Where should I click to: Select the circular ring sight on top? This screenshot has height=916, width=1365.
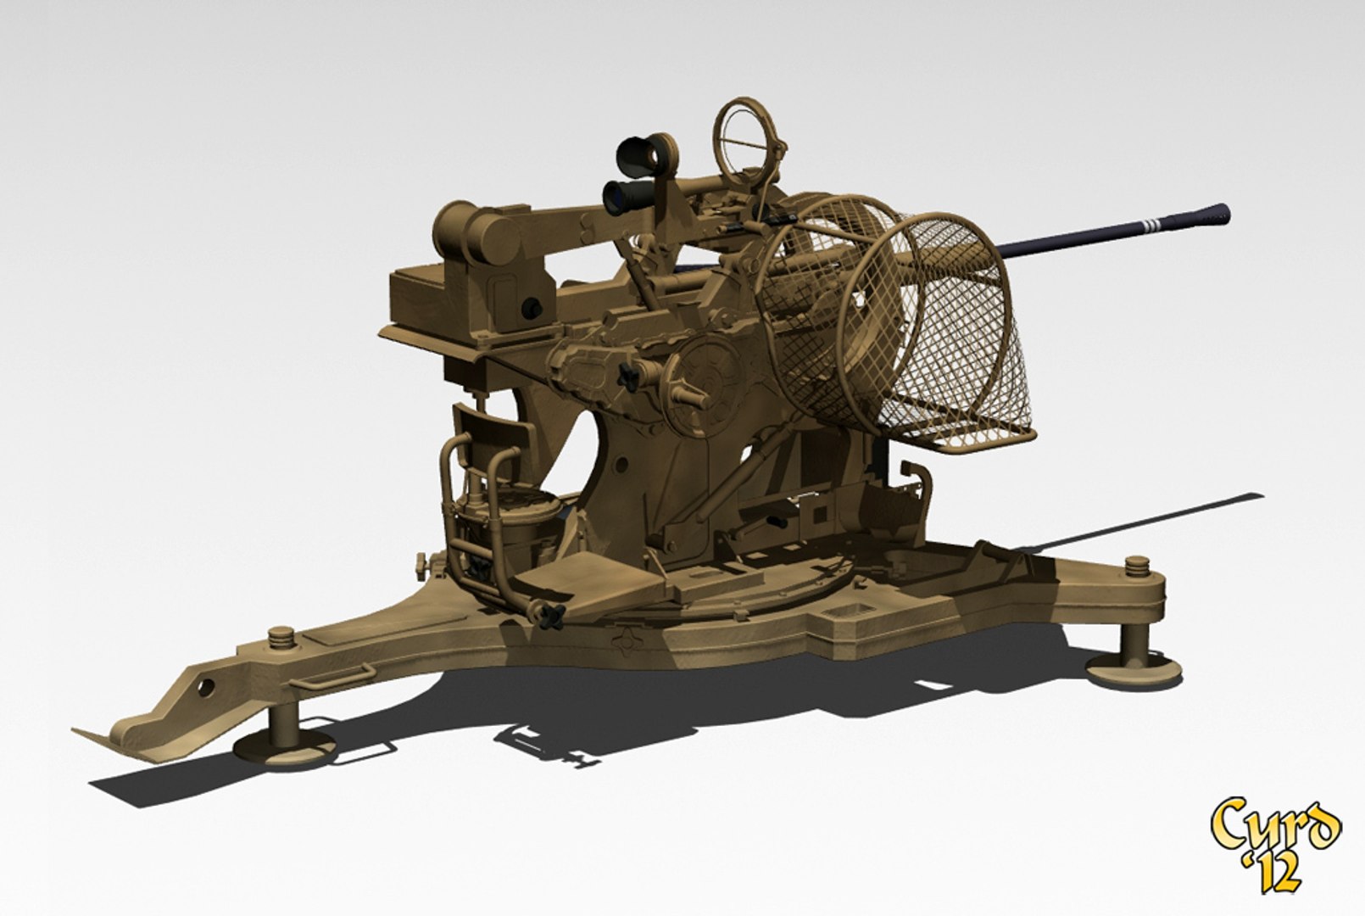746,136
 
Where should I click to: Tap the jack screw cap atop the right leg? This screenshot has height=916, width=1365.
1138,563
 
